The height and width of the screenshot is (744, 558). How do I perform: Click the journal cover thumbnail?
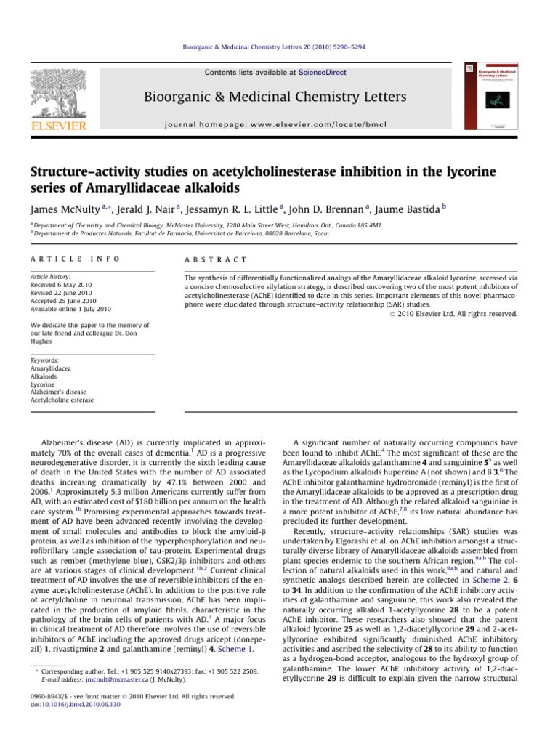click(x=490, y=97)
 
